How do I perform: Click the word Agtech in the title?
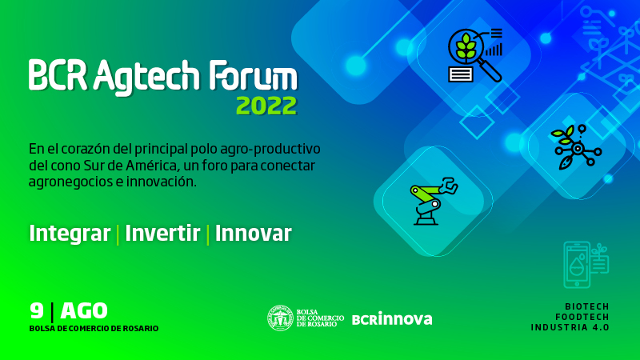click(147, 77)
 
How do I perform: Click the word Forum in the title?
click(253, 75)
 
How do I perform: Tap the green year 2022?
click(266, 106)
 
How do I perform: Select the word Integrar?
click(70, 234)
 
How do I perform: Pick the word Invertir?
click(162, 233)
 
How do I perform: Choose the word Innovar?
click(253, 233)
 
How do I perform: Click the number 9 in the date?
click(37, 310)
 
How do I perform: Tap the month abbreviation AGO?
click(84, 311)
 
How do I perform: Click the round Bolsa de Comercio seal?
click(281, 318)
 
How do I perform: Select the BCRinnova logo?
click(392, 318)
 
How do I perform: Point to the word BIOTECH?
click(587, 306)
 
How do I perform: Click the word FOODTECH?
click(582, 317)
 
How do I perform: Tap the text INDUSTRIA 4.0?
click(570, 327)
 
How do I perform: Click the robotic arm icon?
click(433, 202)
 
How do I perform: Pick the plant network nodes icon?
click(576, 147)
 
